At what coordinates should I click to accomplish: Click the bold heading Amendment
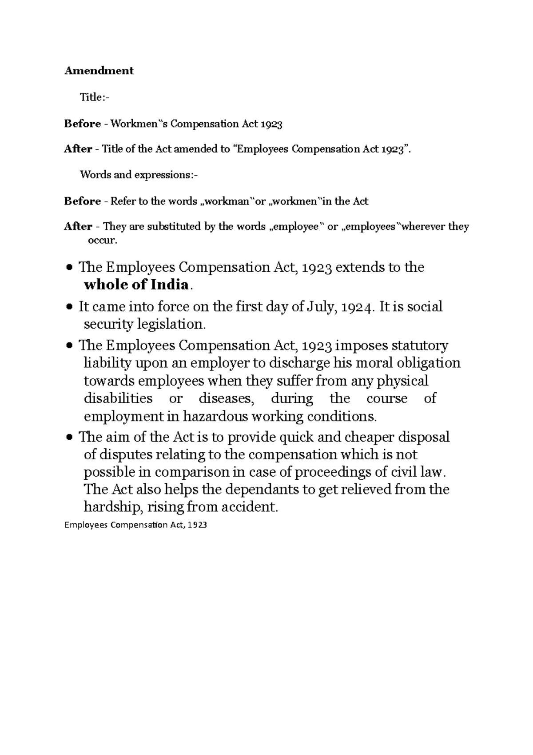(x=99, y=71)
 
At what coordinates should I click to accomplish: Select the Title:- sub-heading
(x=94, y=97)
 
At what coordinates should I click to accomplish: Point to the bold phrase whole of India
(x=137, y=285)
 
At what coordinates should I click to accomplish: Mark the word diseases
(x=227, y=398)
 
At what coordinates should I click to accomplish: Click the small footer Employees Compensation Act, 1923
(x=135, y=525)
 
